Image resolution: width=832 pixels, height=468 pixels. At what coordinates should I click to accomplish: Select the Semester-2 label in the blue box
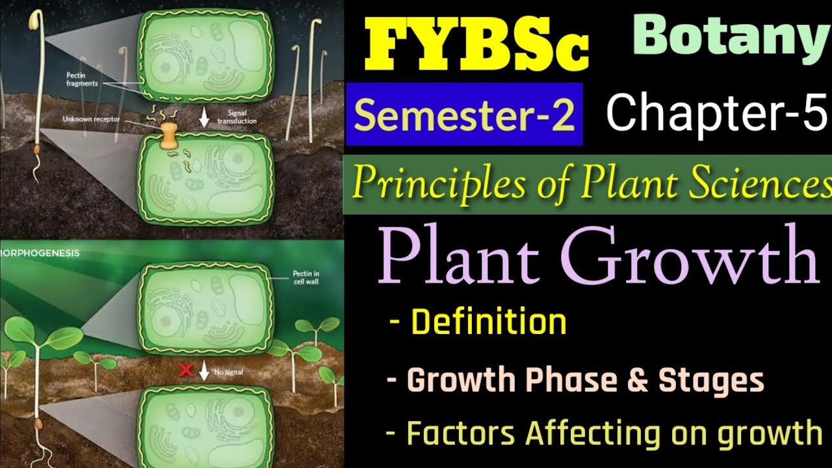464,114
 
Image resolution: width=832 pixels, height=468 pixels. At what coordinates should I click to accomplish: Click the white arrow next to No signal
204,371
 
